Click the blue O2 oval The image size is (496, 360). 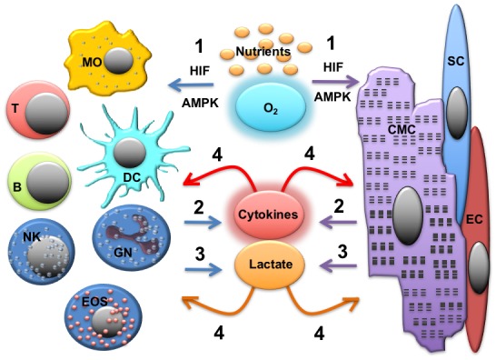[271, 107]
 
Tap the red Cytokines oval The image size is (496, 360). [268, 215]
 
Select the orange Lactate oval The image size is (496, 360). [270, 265]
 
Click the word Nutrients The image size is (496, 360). [263, 51]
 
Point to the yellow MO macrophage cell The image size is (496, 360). [107, 59]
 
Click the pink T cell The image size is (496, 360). [38, 110]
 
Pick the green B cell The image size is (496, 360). [40, 181]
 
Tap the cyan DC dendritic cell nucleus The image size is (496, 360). [130, 153]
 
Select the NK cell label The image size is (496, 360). [32, 236]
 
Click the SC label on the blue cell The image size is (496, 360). [456, 61]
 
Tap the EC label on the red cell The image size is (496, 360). [474, 219]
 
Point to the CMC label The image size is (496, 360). [402, 129]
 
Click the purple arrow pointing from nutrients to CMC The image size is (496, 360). [336, 82]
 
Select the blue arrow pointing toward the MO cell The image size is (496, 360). [191, 85]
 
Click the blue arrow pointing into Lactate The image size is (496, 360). [203, 269]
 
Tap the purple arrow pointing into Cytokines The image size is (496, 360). [339, 222]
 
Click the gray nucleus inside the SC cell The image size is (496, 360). [456, 113]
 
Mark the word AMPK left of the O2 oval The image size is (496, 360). [200, 103]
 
